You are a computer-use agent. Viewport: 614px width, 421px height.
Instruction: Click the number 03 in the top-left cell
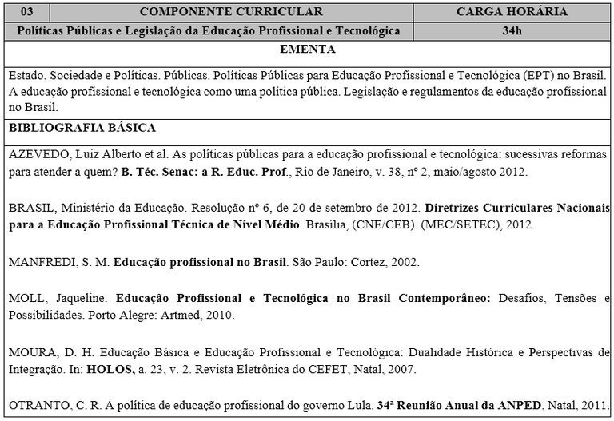point(27,12)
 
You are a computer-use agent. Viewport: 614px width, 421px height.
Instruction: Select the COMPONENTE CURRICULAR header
point(231,12)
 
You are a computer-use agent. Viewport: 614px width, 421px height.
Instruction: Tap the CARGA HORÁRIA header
point(512,12)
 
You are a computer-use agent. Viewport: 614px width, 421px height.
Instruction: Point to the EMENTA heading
point(308,50)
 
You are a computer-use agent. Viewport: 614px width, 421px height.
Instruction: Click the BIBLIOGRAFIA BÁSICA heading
point(82,128)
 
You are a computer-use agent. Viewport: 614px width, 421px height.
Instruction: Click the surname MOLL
point(26,299)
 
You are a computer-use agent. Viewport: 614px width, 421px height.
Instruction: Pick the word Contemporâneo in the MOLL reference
point(445,299)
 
